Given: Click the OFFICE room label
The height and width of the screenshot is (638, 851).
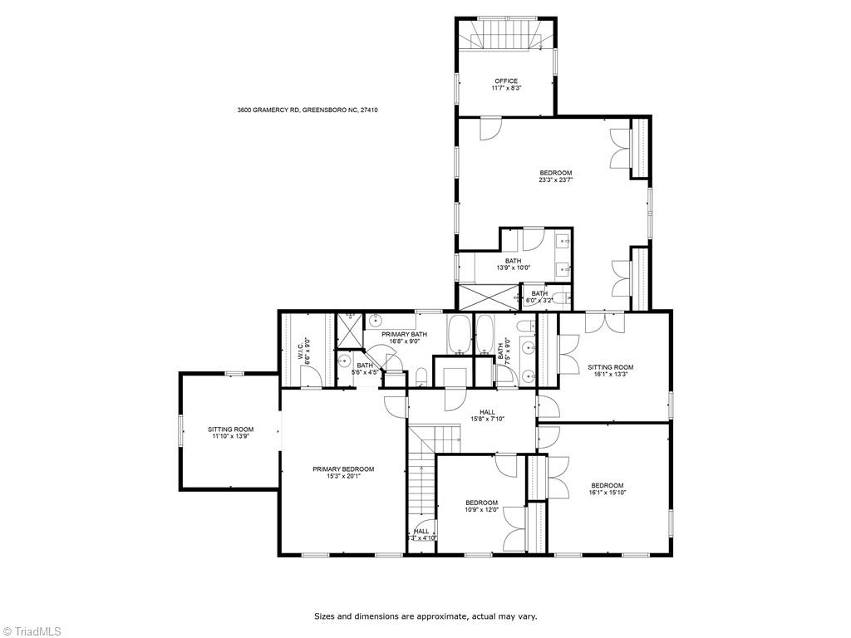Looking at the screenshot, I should [x=505, y=81].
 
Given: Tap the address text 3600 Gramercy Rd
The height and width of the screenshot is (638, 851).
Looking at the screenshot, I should [x=268, y=110].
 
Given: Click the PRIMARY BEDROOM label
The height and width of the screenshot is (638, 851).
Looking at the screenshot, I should [x=343, y=469].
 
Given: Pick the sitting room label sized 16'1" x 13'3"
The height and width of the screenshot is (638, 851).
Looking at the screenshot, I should [x=610, y=367].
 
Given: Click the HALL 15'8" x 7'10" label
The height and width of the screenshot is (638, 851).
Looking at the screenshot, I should [x=487, y=412].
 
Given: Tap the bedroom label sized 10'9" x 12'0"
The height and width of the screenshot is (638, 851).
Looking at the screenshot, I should [x=481, y=503].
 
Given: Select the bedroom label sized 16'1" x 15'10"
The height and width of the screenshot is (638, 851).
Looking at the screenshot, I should [x=607, y=486].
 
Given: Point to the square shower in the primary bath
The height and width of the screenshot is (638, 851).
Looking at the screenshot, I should [x=350, y=331].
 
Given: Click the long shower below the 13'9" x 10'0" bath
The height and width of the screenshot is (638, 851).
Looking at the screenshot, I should [x=488, y=297].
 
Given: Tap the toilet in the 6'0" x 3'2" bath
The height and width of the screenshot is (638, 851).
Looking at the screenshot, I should [x=560, y=298].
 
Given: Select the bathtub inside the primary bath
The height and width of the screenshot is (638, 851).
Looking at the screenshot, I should [x=459, y=335].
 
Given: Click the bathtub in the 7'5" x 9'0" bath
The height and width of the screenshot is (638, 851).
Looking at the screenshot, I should [x=485, y=336].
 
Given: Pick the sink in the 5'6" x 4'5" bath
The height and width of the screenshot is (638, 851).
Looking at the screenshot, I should [x=343, y=361].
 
